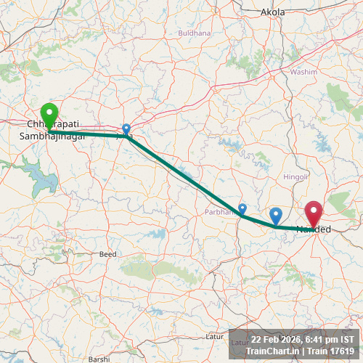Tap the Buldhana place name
[194, 33]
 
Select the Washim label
[303, 73]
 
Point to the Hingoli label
[295, 176]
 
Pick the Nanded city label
[314, 229]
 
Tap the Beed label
[107, 254]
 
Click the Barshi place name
[99, 359]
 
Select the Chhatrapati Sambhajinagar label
[52, 130]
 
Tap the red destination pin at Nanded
[314, 213]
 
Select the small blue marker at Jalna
[126, 129]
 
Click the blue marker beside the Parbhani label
[242, 209]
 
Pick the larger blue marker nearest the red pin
[276, 216]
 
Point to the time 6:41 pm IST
[330, 340]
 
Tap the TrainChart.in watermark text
[272, 351]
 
